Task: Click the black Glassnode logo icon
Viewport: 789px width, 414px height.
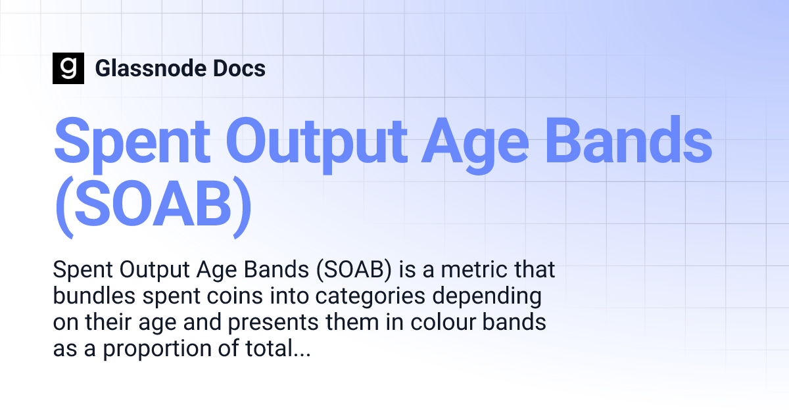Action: [68, 68]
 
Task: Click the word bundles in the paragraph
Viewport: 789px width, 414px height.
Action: [90, 297]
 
